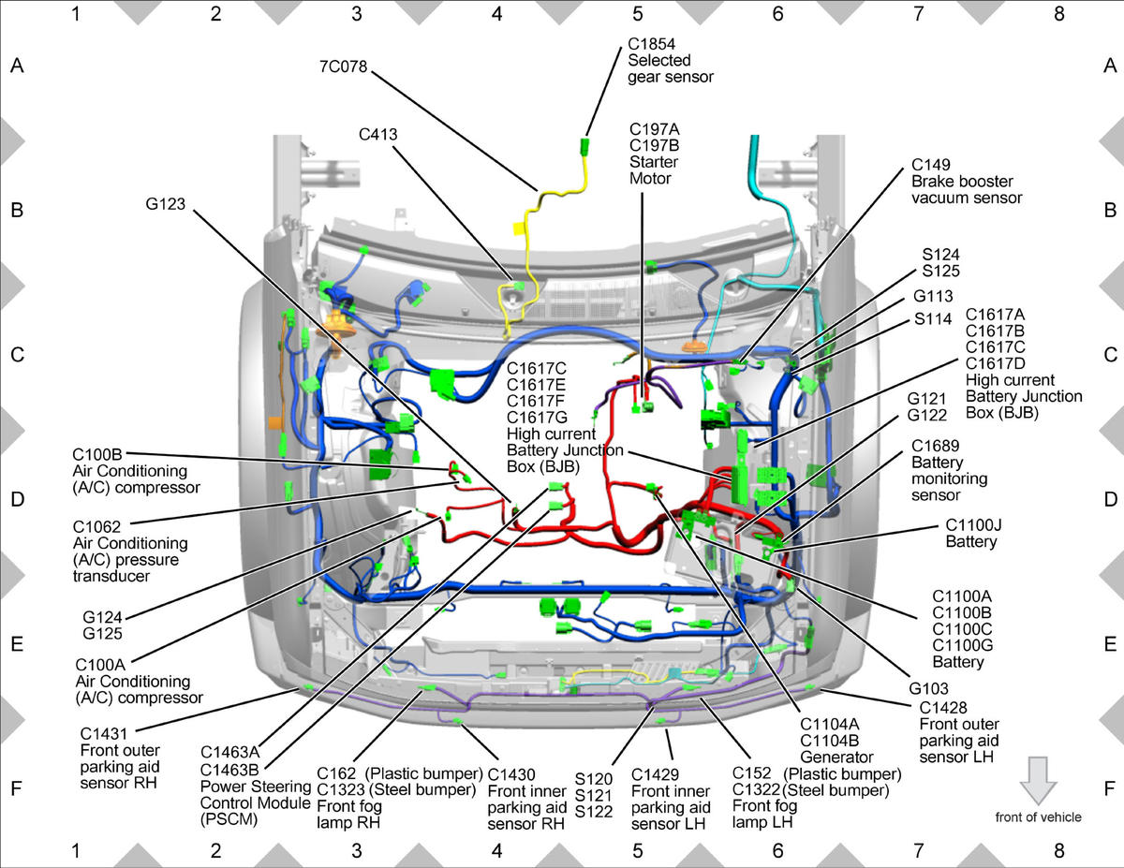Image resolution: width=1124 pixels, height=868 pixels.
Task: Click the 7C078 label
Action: (343, 66)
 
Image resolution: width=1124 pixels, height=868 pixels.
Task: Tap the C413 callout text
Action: (378, 135)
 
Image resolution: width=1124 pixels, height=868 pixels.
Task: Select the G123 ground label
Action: (165, 204)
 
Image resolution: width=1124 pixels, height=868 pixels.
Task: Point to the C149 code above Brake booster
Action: (930, 165)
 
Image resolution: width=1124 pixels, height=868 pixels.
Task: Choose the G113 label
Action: (933, 296)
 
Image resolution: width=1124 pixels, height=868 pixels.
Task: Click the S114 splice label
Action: (933, 319)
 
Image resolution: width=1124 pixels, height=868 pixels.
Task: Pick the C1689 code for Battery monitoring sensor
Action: (935, 446)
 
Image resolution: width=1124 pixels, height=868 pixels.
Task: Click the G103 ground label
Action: (928, 688)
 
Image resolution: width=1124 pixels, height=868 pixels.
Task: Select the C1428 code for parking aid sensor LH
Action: (943, 708)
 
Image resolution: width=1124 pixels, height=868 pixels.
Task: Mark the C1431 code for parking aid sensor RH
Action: (103, 734)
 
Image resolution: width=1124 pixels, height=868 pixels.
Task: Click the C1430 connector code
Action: (511, 775)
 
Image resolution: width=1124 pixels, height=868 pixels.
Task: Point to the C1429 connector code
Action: (655, 775)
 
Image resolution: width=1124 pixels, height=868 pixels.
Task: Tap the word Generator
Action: (836, 758)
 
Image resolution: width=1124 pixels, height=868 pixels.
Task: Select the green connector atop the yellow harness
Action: (585, 146)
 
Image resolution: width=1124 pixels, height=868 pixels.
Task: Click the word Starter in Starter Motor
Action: (653, 162)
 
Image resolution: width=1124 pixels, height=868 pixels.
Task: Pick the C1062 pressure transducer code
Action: (96, 527)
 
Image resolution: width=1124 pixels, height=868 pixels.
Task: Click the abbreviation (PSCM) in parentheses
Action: (229, 819)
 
